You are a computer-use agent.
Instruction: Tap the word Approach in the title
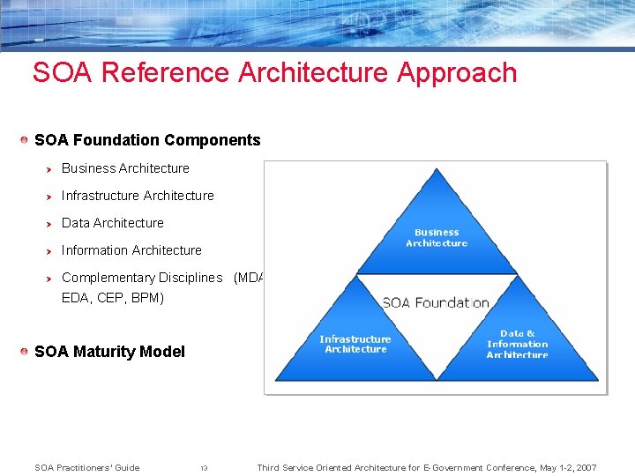pos(457,72)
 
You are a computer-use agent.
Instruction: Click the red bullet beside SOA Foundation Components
pos(26,140)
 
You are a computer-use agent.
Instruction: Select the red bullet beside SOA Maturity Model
pos(26,352)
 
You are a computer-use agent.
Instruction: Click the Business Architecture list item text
pos(125,168)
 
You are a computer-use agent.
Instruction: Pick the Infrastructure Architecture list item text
pos(138,196)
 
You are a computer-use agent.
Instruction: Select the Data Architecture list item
pos(113,223)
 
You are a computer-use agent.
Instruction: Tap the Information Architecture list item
pos(131,250)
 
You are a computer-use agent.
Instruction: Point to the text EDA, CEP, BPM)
pos(113,298)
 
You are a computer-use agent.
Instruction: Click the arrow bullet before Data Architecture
pos(50,223)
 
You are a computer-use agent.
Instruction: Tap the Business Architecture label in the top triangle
pos(437,238)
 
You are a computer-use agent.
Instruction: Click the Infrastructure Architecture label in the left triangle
pos(355,344)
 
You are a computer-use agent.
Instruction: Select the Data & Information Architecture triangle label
pos(517,344)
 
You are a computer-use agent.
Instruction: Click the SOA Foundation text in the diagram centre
pos(436,303)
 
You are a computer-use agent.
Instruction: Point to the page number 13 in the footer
pos(204,468)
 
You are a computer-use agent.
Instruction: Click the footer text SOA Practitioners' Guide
pos(86,467)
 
